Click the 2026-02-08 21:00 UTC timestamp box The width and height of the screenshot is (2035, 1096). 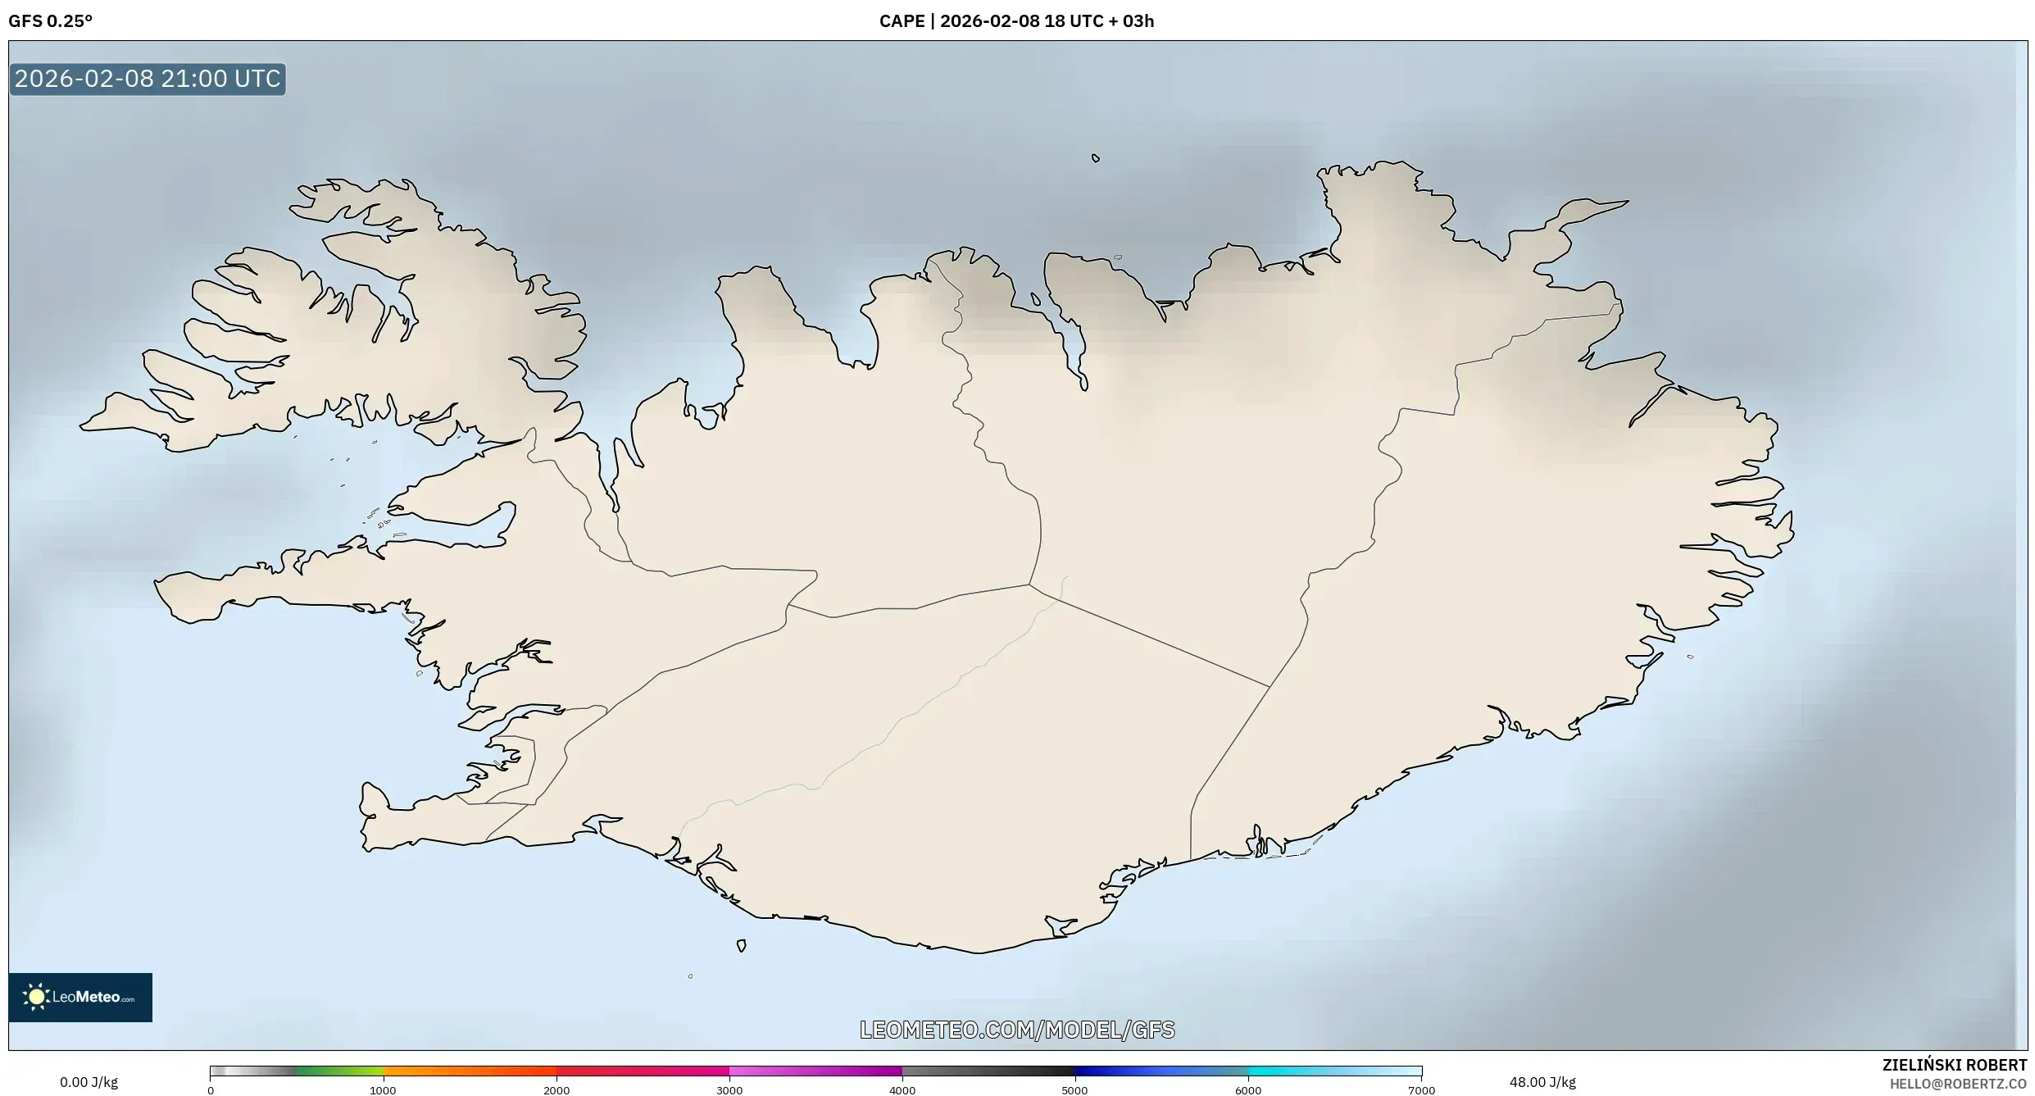[x=148, y=79]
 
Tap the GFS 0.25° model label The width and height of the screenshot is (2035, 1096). [x=50, y=21]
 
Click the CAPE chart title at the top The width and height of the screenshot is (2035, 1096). [x=1016, y=21]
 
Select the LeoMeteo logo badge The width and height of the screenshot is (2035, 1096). [x=80, y=997]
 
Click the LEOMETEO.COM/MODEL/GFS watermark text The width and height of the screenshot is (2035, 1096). [x=1017, y=1030]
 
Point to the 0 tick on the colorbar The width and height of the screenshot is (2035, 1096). [x=211, y=1090]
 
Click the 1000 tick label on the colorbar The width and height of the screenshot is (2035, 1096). [x=383, y=1090]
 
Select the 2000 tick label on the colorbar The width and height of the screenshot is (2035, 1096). [x=556, y=1090]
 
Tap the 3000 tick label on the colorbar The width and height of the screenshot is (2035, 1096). [x=729, y=1090]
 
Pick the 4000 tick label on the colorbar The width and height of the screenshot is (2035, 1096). [x=902, y=1090]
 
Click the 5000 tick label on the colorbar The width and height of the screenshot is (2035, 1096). [x=1074, y=1090]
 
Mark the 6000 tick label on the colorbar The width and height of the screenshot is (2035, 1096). [x=1248, y=1090]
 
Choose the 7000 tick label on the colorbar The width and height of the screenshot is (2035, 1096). [x=1421, y=1090]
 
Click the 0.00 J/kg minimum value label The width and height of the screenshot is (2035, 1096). [x=89, y=1082]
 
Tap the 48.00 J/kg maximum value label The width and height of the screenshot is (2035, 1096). [x=1542, y=1082]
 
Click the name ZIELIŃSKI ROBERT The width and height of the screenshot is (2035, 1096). [x=1954, y=1065]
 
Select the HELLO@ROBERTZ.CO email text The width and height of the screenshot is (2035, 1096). [x=1958, y=1084]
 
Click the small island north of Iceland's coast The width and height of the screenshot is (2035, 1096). [x=1095, y=158]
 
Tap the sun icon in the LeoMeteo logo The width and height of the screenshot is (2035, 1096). [x=36, y=997]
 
